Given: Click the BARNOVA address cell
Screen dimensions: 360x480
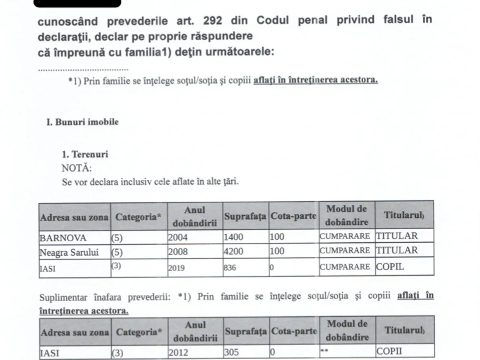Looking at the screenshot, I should pyautogui.click(x=63, y=238).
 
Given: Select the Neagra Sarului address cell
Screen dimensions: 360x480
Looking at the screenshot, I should pyautogui.click(x=69, y=252).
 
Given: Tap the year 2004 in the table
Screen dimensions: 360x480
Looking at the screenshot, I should pyautogui.click(x=178, y=237).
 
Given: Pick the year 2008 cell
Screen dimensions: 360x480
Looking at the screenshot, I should pyautogui.click(x=178, y=252).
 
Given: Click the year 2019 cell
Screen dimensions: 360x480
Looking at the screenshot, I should pyautogui.click(x=176, y=268).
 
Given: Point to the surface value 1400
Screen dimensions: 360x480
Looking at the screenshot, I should pyautogui.click(x=233, y=237).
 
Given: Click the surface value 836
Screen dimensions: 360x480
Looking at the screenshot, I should pyautogui.click(x=230, y=268).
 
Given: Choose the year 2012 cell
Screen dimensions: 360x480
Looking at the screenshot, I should pyautogui.click(x=178, y=352).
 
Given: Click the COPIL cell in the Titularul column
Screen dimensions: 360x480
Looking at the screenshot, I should pyautogui.click(x=390, y=267).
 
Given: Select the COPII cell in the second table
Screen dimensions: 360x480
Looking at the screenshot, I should pyautogui.click(x=389, y=352).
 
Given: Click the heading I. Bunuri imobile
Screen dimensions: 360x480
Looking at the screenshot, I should pyautogui.click(x=82, y=122).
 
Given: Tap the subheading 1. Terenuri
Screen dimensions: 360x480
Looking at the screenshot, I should pyautogui.click(x=85, y=154).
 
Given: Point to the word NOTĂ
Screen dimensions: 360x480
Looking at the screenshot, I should pyautogui.click(x=77, y=168).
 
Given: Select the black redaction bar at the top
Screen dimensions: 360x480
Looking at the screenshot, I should pyautogui.click(x=77, y=4).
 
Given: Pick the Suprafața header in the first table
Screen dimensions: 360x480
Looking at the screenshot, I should pyautogui.click(x=245, y=216).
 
